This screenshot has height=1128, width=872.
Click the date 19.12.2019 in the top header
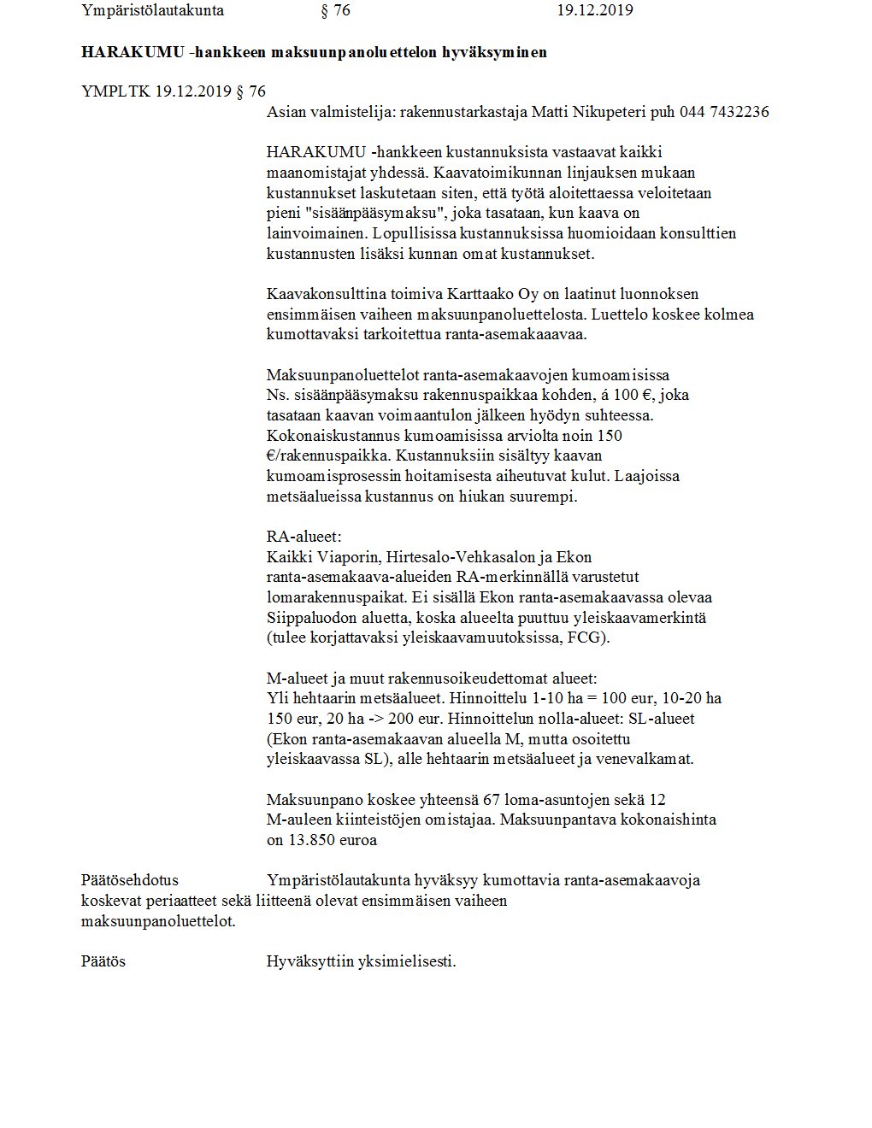coord(594,10)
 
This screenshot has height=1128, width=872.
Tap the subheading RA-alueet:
coord(303,538)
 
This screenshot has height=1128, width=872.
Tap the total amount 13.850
coord(312,840)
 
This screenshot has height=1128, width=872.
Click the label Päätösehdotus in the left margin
coord(130,880)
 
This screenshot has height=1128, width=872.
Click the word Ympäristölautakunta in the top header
coord(152,10)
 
